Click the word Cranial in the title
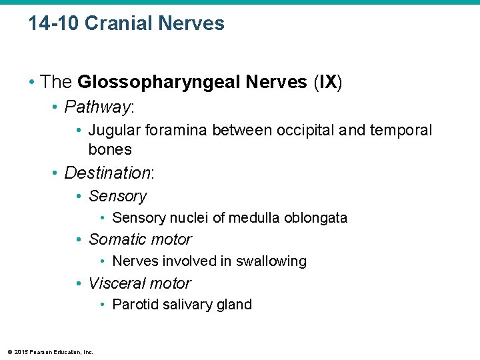[x=119, y=24]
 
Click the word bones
[x=110, y=149]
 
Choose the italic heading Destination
[x=108, y=173]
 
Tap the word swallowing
[x=271, y=261]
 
